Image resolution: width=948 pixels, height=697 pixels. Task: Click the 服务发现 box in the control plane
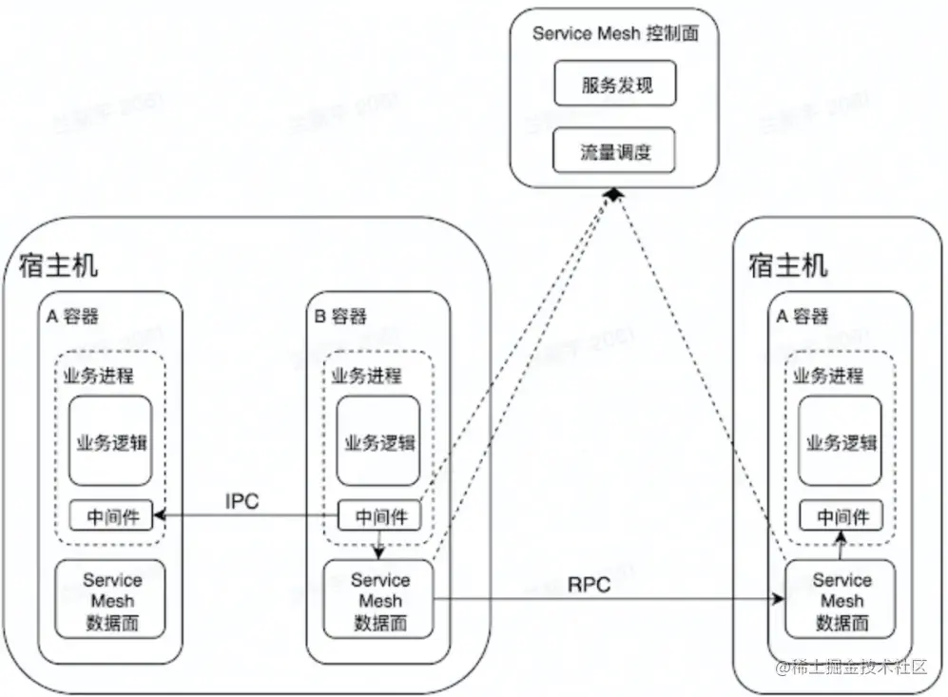615,86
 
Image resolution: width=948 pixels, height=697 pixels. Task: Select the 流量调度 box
615,151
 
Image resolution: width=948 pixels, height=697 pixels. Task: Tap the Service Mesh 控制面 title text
615,33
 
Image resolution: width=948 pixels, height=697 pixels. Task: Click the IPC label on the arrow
242,501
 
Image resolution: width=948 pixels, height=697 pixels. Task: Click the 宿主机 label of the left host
57,265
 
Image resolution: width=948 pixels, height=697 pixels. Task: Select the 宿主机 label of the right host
788,265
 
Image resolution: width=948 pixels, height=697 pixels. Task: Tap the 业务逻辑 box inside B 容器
378,442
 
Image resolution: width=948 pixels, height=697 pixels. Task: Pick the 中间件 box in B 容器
379,517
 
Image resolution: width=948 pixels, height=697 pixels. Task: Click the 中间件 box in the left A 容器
110,516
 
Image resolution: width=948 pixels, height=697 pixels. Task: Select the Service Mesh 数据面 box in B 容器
378,601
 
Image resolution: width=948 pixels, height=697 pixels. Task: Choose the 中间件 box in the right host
841,517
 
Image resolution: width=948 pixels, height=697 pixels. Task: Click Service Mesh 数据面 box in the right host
841,601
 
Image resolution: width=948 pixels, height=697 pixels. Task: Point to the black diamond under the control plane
614,194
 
